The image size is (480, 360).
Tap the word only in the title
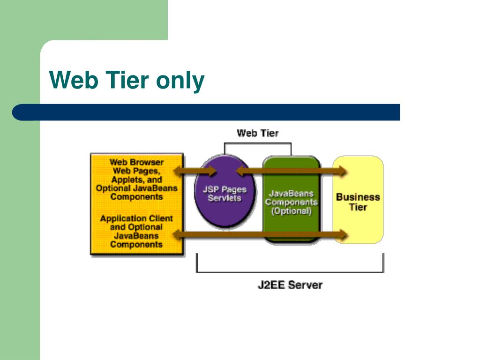[x=180, y=82]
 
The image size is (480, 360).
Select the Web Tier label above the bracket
[x=257, y=133]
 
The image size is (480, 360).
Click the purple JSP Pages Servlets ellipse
[x=225, y=191]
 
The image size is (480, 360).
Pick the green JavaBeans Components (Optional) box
[x=291, y=199]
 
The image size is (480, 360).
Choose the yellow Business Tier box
[x=358, y=200]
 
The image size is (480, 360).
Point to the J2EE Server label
[x=290, y=285]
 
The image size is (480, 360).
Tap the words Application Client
[x=136, y=218]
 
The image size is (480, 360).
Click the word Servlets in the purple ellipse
[x=225, y=198]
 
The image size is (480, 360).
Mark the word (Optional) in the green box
[x=291, y=211]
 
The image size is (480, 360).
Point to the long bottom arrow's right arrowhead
[x=342, y=235]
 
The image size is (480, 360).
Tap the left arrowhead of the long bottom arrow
[x=178, y=235]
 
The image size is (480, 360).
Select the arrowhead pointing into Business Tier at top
[x=342, y=171]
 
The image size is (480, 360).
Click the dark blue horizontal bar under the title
[x=206, y=112]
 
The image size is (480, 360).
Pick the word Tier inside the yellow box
[x=358, y=207]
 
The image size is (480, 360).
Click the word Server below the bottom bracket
[x=305, y=285]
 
